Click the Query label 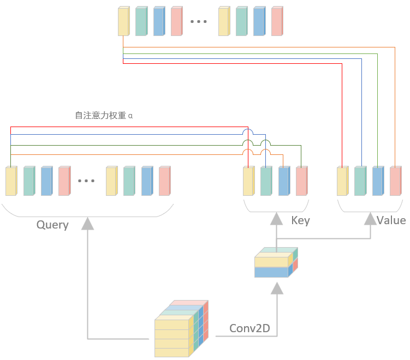(52, 225)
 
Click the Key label (300, 220)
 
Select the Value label (391, 220)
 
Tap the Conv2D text (250, 328)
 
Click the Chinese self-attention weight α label (104, 116)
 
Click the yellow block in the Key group (248, 181)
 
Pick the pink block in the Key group (301, 181)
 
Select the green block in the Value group (360, 181)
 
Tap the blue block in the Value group (378, 181)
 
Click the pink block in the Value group (395, 181)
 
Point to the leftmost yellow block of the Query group (11, 181)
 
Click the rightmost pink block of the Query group (164, 181)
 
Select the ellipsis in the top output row (198, 22)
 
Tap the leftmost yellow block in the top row (123, 22)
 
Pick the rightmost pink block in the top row (277, 22)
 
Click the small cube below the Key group (276, 263)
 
